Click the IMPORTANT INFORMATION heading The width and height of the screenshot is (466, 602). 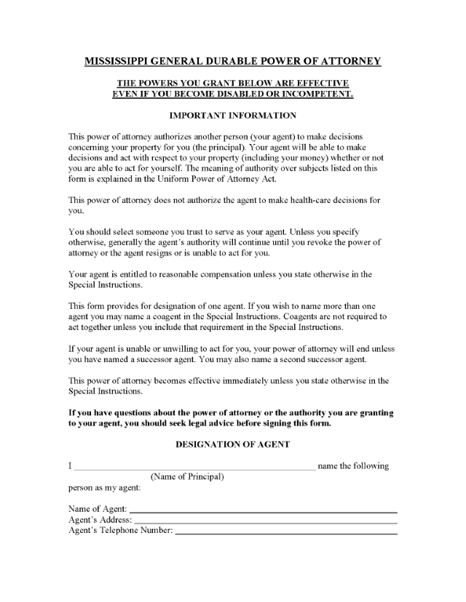pos(232,116)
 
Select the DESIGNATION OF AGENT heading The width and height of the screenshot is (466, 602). pos(232,444)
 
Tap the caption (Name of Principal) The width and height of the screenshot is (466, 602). pos(187,477)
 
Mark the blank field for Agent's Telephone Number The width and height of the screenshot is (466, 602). pos(286,532)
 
